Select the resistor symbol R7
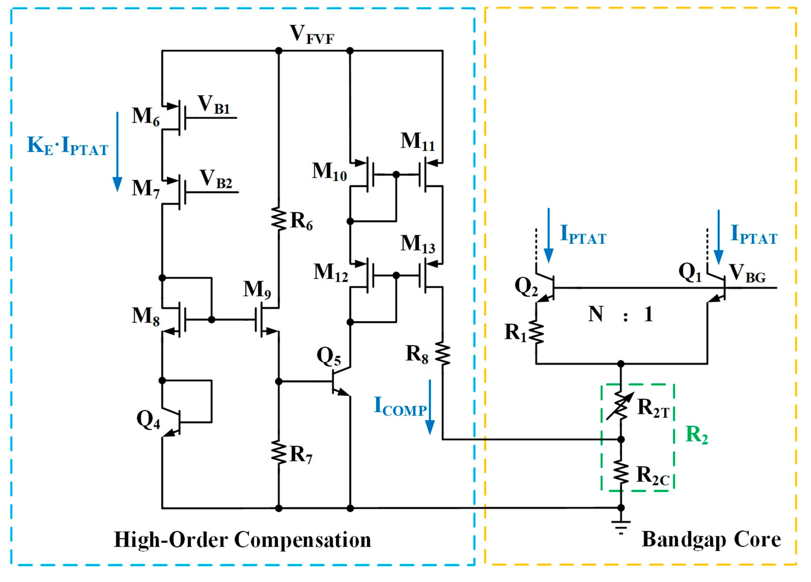pyautogui.click(x=279, y=453)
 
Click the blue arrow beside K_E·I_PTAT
pyautogui.click(x=117, y=152)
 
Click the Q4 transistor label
pyautogui.click(x=148, y=419)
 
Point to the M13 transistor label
pyautogui.click(x=418, y=244)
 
